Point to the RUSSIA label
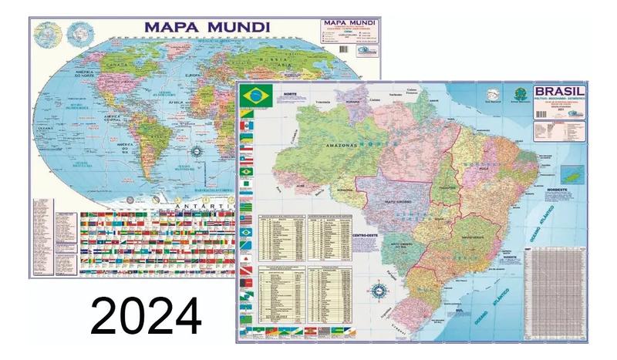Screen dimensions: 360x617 point(271,59)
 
